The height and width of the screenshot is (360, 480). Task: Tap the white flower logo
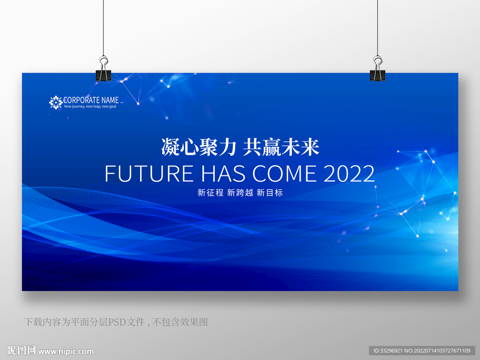(x=56, y=103)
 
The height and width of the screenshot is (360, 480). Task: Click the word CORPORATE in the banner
(x=82, y=100)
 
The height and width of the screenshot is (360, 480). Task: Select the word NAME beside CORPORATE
(x=110, y=100)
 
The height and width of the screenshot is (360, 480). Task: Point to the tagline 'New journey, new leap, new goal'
(x=90, y=106)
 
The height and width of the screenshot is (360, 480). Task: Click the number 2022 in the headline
(x=349, y=173)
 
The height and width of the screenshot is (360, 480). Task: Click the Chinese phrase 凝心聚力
(x=199, y=147)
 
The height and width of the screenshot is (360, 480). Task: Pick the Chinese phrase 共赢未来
(x=281, y=147)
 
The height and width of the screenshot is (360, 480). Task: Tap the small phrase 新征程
(x=210, y=193)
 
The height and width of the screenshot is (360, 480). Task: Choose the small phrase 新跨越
(x=240, y=193)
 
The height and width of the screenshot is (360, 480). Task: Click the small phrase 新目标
(x=270, y=193)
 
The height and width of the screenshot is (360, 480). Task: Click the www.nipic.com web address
(x=66, y=352)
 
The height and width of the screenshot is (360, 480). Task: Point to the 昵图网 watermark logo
(x=22, y=350)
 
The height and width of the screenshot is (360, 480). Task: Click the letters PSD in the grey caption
(x=115, y=322)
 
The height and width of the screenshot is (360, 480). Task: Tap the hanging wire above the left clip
(x=104, y=28)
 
